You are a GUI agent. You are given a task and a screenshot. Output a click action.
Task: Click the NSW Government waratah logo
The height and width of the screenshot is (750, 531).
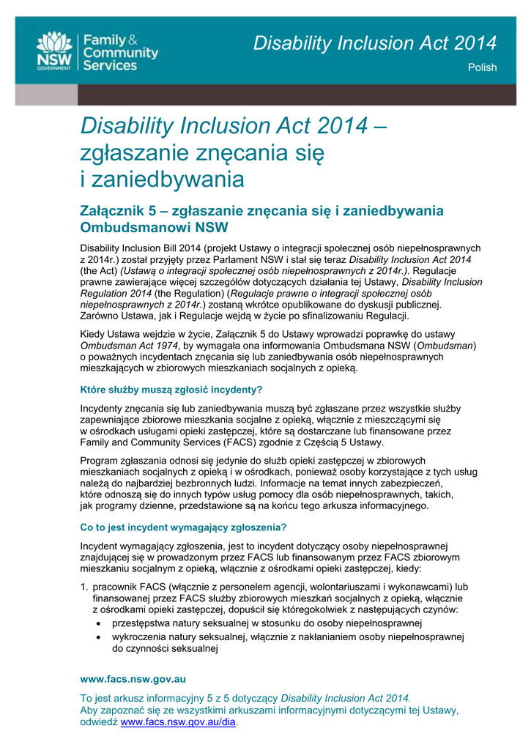tap(55, 50)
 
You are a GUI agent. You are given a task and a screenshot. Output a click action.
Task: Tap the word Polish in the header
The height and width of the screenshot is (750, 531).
tap(482, 67)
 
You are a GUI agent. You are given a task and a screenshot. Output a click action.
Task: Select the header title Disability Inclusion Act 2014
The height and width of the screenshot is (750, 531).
tap(375, 43)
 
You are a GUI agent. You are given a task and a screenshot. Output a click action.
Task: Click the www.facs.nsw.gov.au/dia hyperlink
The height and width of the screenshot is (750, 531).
tap(178, 721)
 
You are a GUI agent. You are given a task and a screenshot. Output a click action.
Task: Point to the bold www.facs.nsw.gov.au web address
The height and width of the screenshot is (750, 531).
tap(133, 679)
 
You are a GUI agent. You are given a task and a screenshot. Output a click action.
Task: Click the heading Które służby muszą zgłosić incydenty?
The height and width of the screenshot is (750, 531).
tap(171, 389)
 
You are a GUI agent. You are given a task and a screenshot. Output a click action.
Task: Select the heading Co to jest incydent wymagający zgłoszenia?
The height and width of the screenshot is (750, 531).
tap(183, 527)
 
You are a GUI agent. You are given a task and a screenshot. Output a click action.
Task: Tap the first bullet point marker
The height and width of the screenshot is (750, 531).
tap(100, 623)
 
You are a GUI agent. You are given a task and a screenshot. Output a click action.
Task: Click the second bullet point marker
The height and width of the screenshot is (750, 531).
tap(100, 637)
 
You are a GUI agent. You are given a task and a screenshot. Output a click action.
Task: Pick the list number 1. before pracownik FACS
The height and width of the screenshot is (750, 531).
tap(84, 587)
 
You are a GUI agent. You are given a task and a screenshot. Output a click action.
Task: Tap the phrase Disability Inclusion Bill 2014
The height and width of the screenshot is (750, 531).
tap(140, 248)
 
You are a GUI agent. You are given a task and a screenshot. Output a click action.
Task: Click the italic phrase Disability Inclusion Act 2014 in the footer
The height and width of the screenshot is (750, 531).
tap(345, 697)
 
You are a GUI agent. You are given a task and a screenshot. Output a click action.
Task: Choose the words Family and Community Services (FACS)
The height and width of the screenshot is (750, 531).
tap(160, 442)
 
